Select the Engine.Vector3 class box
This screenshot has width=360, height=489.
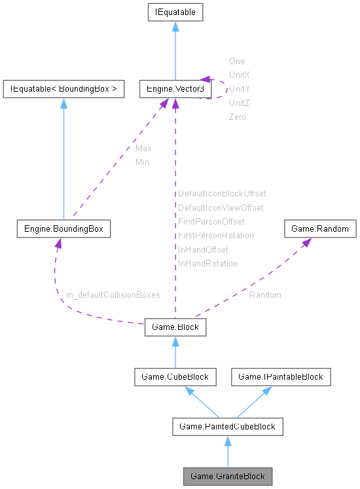(174, 88)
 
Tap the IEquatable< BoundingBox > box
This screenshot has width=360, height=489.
(63, 88)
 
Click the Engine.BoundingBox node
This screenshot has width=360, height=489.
(63, 229)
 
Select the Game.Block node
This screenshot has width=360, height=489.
(175, 327)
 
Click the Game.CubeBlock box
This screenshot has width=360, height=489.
(175, 377)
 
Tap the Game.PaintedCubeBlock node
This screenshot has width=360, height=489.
(227, 427)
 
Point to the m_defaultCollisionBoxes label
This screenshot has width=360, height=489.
(113, 295)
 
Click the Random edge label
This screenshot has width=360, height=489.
(265, 295)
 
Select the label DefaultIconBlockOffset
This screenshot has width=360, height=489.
(222, 194)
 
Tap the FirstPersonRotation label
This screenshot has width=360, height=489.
(216, 235)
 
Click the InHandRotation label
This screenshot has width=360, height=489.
(207, 263)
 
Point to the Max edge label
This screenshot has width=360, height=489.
(143, 149)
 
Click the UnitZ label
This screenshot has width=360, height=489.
(239, 103)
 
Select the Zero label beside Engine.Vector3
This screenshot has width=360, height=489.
(237, 117)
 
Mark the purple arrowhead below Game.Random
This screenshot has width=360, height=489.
(305, 243)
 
